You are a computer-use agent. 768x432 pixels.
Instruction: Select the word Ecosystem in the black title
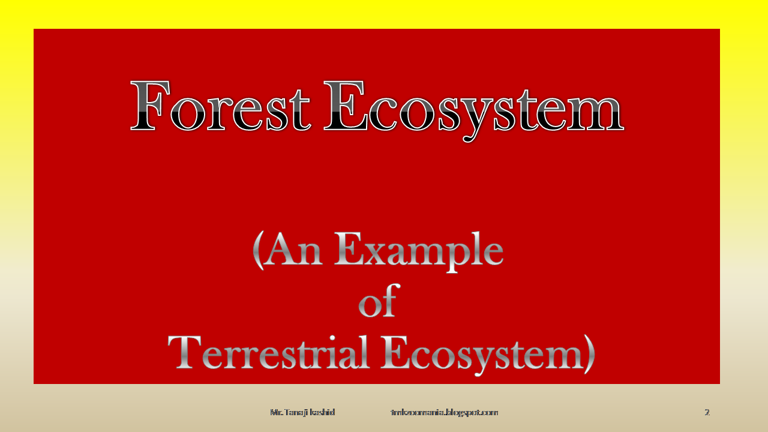[x=473, y=108]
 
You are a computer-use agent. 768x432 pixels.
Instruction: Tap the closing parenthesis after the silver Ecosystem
[x=588, y=354]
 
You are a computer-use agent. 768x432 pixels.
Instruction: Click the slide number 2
[x=707, y=412]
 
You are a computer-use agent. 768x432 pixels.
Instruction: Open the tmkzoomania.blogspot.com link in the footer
[x=444, y=412]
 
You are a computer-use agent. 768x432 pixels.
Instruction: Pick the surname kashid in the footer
[x=323, y=412]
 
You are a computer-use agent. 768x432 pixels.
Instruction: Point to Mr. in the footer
[x=276, y=412]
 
